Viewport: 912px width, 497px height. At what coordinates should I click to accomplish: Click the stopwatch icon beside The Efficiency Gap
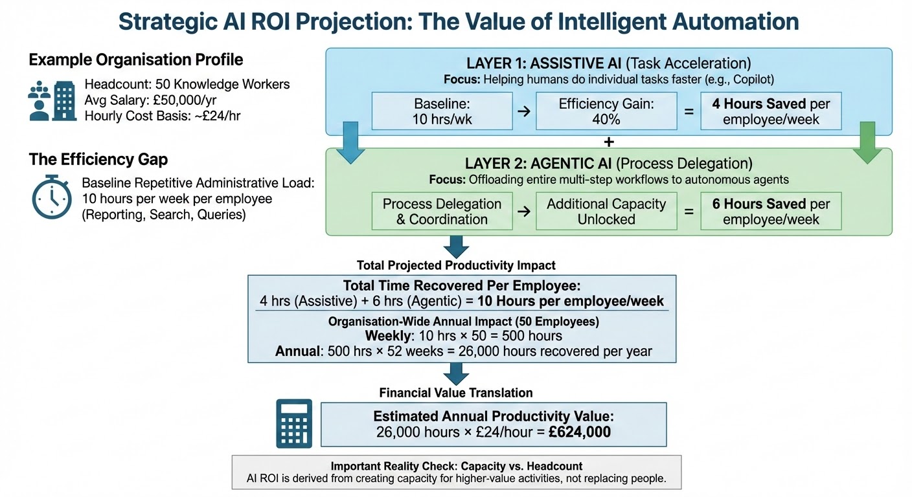[52, 197]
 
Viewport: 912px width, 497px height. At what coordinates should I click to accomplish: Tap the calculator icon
[293, 424]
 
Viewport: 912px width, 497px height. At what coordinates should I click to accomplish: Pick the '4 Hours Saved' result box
[771, 111]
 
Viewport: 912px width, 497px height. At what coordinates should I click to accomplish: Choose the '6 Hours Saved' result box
[771, 211]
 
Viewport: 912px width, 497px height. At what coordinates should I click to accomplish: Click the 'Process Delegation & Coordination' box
[442, 211]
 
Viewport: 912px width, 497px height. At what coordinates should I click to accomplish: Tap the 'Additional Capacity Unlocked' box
[606, 211]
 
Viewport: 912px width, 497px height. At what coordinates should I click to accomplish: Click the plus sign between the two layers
[608, 142]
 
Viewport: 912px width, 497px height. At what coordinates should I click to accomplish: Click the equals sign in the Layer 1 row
[689, 111]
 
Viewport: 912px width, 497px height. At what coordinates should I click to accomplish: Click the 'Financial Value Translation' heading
[456, 393]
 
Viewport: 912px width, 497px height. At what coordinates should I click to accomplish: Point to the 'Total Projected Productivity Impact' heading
[456, 265]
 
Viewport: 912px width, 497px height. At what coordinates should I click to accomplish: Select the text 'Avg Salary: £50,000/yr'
[150, 100]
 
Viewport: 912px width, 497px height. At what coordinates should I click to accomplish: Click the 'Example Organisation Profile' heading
[136, 60]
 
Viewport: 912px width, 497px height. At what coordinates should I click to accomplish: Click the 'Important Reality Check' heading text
[456, 466]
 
